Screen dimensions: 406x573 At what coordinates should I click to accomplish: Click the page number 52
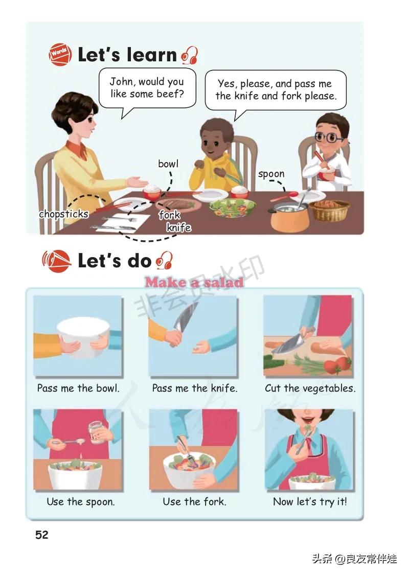pyautogui.click(x=41, y=535)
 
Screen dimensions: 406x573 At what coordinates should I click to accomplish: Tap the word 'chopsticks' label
pyautogui.click(x=63, y=214)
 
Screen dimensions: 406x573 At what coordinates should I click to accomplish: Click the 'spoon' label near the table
pyautogui.click(x=271, y=174)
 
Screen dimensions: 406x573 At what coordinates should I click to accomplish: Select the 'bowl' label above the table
pyautogui.click(x=168, y=164)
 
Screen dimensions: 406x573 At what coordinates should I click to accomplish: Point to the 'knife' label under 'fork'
pyautogui.click(x=178, y=227)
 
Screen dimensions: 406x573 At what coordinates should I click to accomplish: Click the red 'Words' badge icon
pyautogui.click(x=60, y=55)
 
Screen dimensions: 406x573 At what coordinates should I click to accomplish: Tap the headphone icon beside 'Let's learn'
pyautogui.click(x=190, y=56)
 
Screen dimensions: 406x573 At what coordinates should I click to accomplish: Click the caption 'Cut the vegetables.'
pyautogui.click(x=310, y=388)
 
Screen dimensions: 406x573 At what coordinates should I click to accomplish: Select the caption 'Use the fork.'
pyautogui.click(x=194, y=501)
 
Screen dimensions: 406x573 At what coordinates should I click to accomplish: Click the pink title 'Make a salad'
pyautogui.click(x=194, y=282)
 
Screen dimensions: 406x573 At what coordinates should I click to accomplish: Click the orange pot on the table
pyautogui.click(x=289, y=217)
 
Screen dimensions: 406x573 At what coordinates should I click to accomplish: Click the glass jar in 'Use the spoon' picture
pyautogui.click(x=96, y=432)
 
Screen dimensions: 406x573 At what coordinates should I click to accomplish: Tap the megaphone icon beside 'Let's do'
pyautogui.click(x=56, y=261)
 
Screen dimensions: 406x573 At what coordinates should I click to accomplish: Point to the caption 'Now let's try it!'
pyautogui.click(x=310, y=501)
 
